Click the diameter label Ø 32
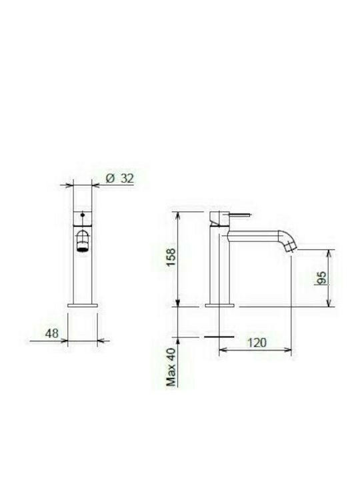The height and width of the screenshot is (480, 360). click(x=121, y=178)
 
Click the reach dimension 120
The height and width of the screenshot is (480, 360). click(x=256, y=342)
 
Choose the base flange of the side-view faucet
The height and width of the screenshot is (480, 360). click(x=219, y=305)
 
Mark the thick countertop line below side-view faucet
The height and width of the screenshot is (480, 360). click(x=219, y=337)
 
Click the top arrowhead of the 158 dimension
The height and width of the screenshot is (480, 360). click(x=179, y=213)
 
